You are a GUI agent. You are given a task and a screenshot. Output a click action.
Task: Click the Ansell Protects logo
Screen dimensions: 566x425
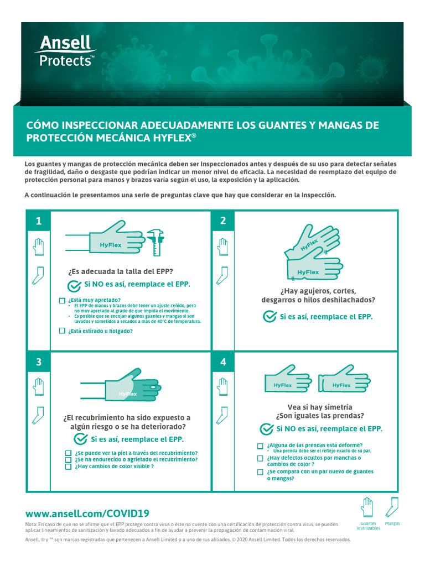[65, 51]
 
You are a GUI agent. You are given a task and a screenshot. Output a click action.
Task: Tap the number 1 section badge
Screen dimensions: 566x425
[39, 221]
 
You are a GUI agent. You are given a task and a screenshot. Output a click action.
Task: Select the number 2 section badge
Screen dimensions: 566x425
[223, 221]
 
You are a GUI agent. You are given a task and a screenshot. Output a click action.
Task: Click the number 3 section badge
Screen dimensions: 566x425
[39, 362]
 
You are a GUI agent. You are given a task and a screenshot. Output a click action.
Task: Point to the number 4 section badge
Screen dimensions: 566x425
[223, 362]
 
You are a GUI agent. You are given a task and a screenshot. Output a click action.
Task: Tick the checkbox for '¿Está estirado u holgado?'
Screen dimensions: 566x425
[62, 331]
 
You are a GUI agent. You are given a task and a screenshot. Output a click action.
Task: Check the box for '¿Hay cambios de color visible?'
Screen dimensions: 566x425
[68, 466]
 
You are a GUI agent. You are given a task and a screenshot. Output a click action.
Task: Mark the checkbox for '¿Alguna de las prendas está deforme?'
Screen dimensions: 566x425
[260, 446]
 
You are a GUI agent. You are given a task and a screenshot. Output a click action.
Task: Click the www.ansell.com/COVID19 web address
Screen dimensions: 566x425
[87, 513]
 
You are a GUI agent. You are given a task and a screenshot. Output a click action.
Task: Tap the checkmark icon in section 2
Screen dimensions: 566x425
[269, 317]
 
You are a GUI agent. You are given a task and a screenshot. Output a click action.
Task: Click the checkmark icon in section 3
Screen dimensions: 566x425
[81, 439]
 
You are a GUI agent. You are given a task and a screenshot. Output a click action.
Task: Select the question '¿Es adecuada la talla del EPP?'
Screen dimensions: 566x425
[121, 271]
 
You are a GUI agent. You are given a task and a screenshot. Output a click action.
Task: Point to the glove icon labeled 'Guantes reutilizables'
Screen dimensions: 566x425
[367, 507]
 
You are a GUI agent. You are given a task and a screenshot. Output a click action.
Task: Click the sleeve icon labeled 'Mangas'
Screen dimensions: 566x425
[392, 507]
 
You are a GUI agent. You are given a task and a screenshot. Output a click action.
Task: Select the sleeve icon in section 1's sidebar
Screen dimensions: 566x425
[38, 275]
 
